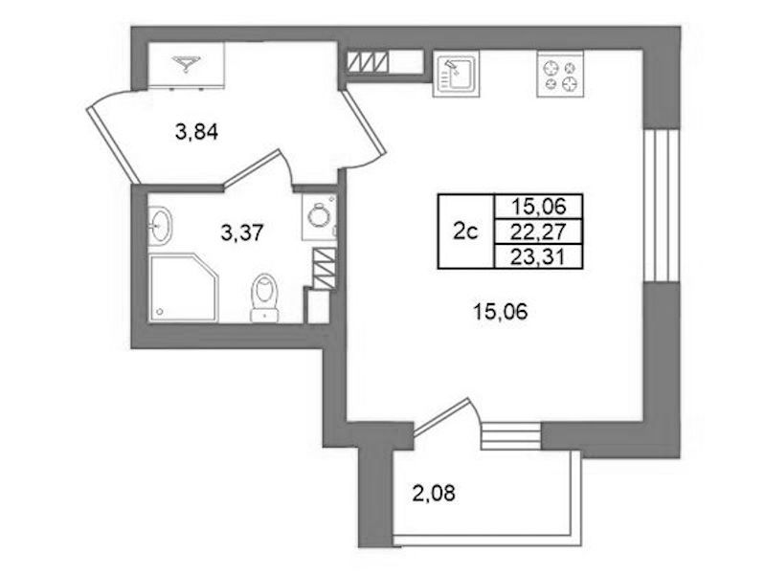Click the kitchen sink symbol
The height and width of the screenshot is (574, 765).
[x=456, y=73]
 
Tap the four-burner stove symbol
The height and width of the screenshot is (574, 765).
[x=560, y=74]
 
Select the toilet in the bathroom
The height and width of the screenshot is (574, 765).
[x=264, y=298]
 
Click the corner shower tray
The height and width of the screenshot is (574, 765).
[x=184, y=287]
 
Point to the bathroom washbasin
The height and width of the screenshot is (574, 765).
[x=160, y=225]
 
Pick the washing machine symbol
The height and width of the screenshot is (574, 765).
[x=319, y=216]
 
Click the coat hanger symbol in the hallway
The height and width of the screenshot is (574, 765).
[x=186, y=63]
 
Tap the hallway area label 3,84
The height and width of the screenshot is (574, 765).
[x=196, y=132]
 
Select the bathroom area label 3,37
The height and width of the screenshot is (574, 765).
[x=242, y=233]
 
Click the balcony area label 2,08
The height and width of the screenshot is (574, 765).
[x=434, y=494]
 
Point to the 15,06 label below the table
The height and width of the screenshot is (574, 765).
[x=501, y=311]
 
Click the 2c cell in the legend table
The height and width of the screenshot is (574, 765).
[x=466, y=232]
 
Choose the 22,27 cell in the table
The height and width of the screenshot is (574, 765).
[x=539, y=232]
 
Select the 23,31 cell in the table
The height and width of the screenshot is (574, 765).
[x=539, y=256]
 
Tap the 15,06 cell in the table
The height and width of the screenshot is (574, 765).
[x=539, y=207]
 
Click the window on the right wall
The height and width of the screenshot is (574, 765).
[x=662, y=206]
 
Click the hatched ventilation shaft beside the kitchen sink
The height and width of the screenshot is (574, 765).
[x=368, y=62]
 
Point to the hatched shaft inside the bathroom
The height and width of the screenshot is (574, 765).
[x=324, y=269]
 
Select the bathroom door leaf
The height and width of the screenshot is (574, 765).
[x=252, y=167]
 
